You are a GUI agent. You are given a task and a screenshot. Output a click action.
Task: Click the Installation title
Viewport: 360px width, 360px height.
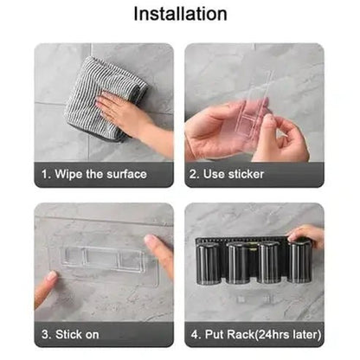[x=180, y=14]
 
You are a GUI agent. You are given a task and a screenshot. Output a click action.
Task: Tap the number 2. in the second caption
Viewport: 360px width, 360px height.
[x=195, y=174]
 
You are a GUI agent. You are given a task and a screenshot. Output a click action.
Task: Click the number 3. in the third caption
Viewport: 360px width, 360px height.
[x=47, y=335]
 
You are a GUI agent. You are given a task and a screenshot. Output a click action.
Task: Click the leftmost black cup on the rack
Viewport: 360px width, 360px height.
[x=209, y=263]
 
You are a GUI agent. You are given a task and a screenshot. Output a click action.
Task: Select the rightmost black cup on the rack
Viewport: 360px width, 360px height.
[x=299, y=262]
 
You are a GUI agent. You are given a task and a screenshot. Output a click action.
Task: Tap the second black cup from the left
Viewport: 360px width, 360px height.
[x=238, y=263]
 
